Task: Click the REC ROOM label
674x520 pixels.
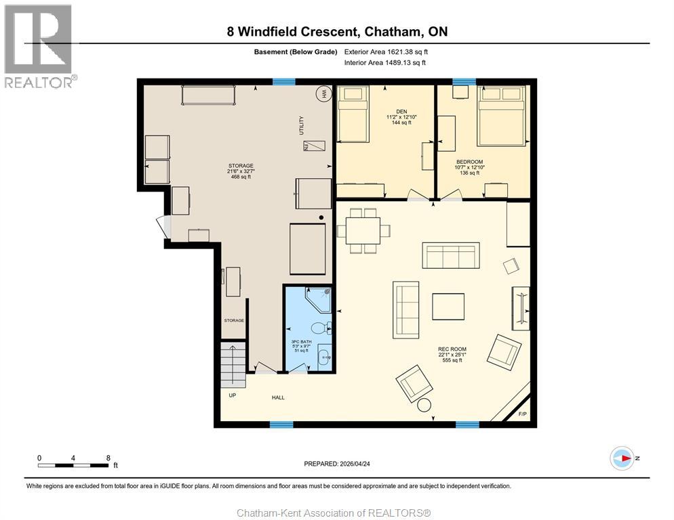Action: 452,349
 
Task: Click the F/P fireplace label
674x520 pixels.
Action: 522,414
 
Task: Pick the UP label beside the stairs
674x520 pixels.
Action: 232,395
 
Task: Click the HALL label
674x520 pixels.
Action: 278,397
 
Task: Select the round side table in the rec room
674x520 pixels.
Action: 424,406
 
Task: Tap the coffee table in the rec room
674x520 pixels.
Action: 448,307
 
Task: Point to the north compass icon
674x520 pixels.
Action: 622,458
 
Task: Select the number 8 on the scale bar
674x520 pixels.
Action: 108,458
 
